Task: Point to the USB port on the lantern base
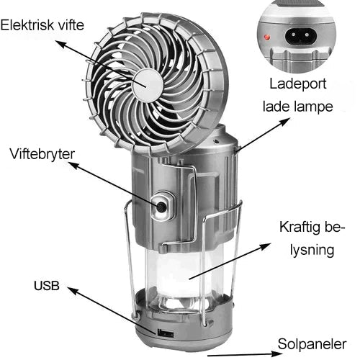tap(166, 332)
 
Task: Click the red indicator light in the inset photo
tap(267, 35)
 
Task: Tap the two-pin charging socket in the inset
tap(304, 34)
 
